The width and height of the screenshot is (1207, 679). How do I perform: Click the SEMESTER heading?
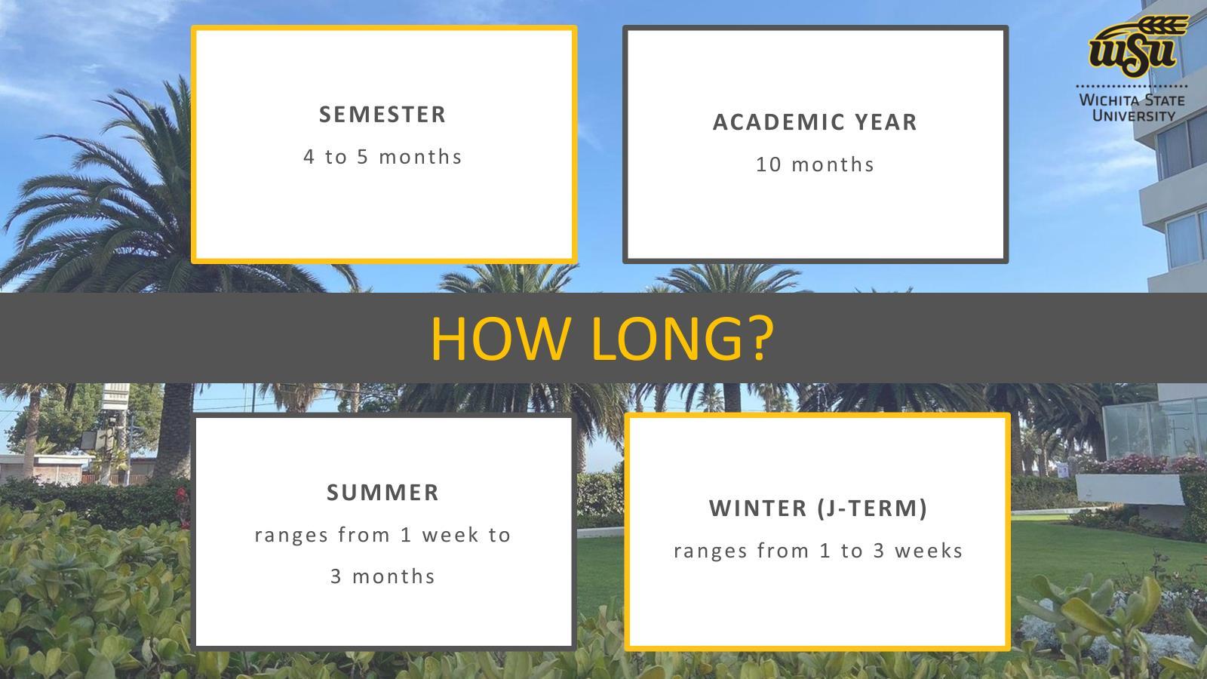pos(382,114)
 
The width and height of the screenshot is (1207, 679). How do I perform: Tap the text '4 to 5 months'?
pos(382,157)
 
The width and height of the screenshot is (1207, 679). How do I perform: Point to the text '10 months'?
pos(815,164)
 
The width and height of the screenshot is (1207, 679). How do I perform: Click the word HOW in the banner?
pos(501,339)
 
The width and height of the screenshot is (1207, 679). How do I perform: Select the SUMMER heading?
pos(382,493)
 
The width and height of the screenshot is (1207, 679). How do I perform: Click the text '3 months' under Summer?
pos(382,576)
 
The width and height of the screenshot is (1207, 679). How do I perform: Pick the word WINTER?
pos(757,508)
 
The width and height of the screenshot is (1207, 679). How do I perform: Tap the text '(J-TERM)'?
pos(872,508)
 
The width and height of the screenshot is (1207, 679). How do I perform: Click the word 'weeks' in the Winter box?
pos(929,551)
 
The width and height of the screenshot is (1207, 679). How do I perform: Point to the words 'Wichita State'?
pos(1132,100)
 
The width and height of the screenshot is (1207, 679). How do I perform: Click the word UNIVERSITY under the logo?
pos(1133,116)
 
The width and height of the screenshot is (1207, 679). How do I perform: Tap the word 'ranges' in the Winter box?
pos(710,551)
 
